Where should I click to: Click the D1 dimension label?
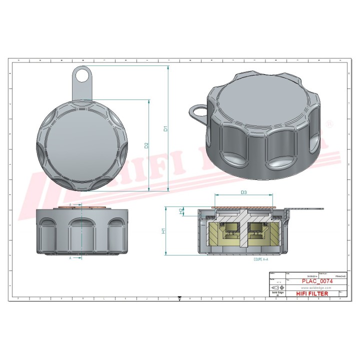165,128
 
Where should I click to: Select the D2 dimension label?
146,145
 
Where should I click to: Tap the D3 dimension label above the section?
243,192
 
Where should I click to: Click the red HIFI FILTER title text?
311,293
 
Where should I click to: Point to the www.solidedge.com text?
314,288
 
